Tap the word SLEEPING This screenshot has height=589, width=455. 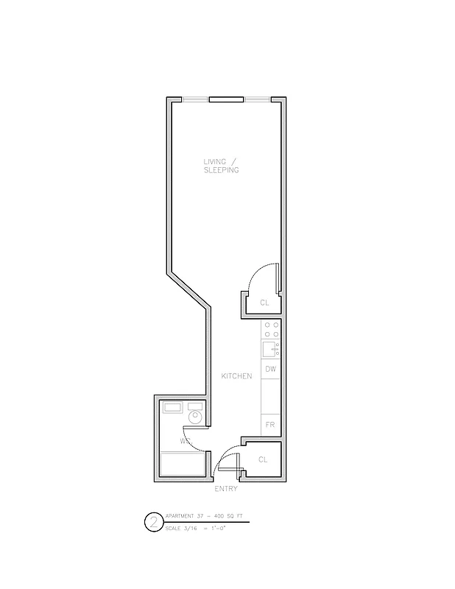(x=221, y=170)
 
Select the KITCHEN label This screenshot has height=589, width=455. (x=236, y=376)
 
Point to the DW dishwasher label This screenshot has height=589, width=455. (x=270, y=369)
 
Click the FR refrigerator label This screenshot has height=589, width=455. (x=270, y=425)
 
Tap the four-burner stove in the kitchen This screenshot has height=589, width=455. (x=271, y=329)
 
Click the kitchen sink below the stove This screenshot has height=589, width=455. (x=270, y=348)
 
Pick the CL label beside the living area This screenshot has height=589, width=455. (x=264, y=303)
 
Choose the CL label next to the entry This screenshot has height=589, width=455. (x=263, y=459)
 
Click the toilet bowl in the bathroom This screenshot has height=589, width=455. (x=194, y=418)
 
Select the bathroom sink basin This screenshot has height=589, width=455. (x=173, y=406)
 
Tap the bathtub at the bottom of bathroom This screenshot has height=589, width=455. (x=182, y=465)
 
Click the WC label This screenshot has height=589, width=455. (x=185, y=442)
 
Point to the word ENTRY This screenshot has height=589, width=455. (x=225, y=489)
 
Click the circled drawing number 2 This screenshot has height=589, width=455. (x=153, y=523)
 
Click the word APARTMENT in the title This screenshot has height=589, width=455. (x=180, y=516)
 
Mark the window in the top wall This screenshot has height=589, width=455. (x=226, y=99)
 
